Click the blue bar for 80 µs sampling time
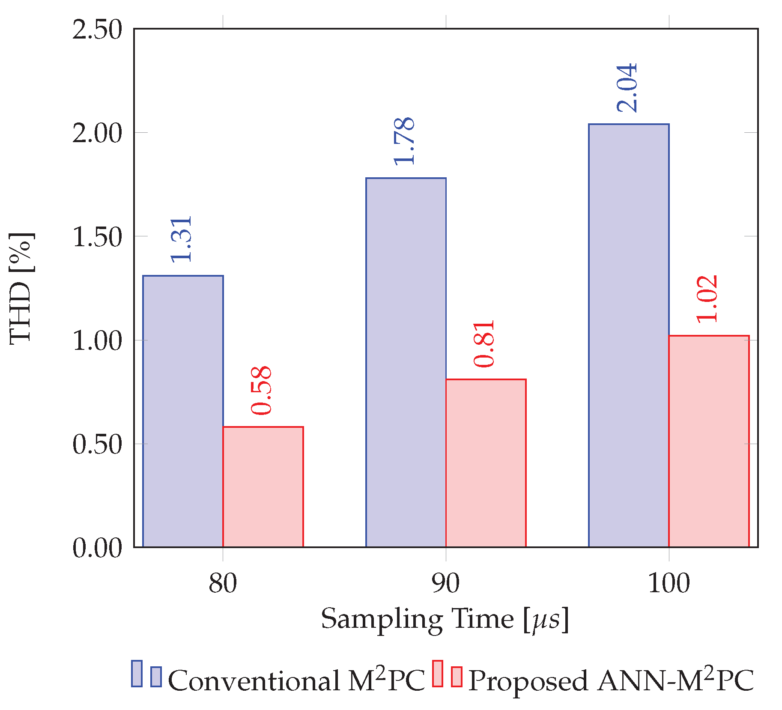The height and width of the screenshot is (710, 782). point(183,411)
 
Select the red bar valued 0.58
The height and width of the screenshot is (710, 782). point(263,486)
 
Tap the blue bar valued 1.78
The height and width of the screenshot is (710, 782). point(406,362)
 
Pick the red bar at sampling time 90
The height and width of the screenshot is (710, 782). point(486,463)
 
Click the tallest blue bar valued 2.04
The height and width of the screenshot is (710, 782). point(629,335)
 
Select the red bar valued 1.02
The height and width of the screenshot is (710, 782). point(709,441)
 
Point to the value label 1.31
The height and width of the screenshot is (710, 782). point(182,239)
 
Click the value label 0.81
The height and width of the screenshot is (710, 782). point(484,343)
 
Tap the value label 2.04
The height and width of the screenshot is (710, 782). point(627,88)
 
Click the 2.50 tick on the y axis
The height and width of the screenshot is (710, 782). point(97,30)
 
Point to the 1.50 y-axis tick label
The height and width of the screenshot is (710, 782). point(97,237)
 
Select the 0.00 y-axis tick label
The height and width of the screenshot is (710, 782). point(97,548)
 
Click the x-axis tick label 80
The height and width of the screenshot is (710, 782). point(223,583)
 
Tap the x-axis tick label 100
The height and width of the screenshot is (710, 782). point(669,583)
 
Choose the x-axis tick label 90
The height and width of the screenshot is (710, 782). point(446,583)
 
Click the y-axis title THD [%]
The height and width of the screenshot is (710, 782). point(21,288)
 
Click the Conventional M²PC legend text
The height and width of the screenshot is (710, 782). point(296,680)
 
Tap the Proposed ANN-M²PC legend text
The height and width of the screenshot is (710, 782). point(611,680)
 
